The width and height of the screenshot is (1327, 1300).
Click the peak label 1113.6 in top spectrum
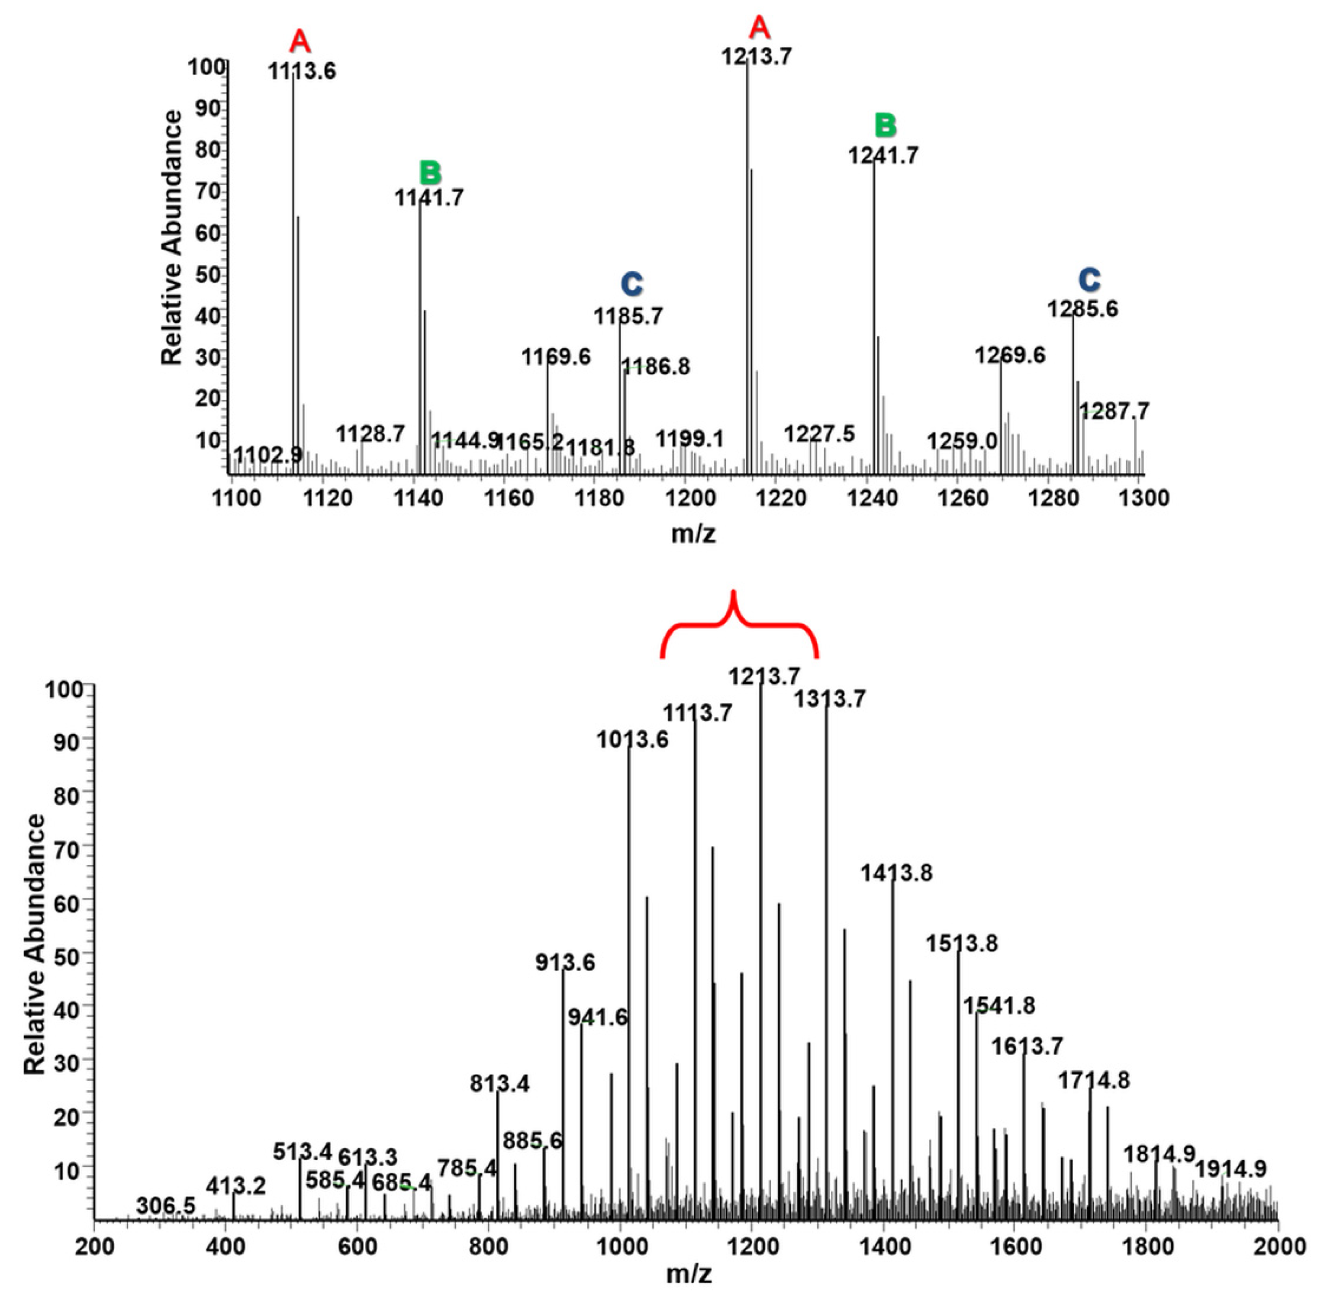pos(301,71)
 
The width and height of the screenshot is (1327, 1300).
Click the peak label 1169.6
pos(556,356)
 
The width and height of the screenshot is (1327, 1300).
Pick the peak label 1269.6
pos(1009,355)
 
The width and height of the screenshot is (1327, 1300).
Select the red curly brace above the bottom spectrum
pos(739,623)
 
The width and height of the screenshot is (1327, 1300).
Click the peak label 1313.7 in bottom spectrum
pos(829,699)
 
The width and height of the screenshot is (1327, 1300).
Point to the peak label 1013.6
pos(632,739)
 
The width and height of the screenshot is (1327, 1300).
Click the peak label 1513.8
pos(962,944)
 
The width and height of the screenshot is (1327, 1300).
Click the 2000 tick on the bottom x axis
pos(1276,1246)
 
